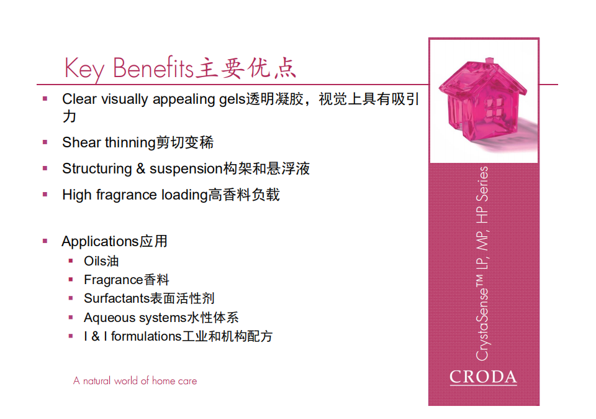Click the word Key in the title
point(84,69)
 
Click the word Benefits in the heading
point(153,67)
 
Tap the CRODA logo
point(483,377)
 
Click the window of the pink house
point(494,108)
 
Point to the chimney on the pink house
point(490,61)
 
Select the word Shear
point(81,142)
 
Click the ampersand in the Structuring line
point(141,168)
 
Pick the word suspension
point(186,169)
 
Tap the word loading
point(185,195)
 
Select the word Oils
point(94,261)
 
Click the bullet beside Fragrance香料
point(71,280)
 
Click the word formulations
point(147,336)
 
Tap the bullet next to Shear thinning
point(45,142)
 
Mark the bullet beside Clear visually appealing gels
point(45,99)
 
